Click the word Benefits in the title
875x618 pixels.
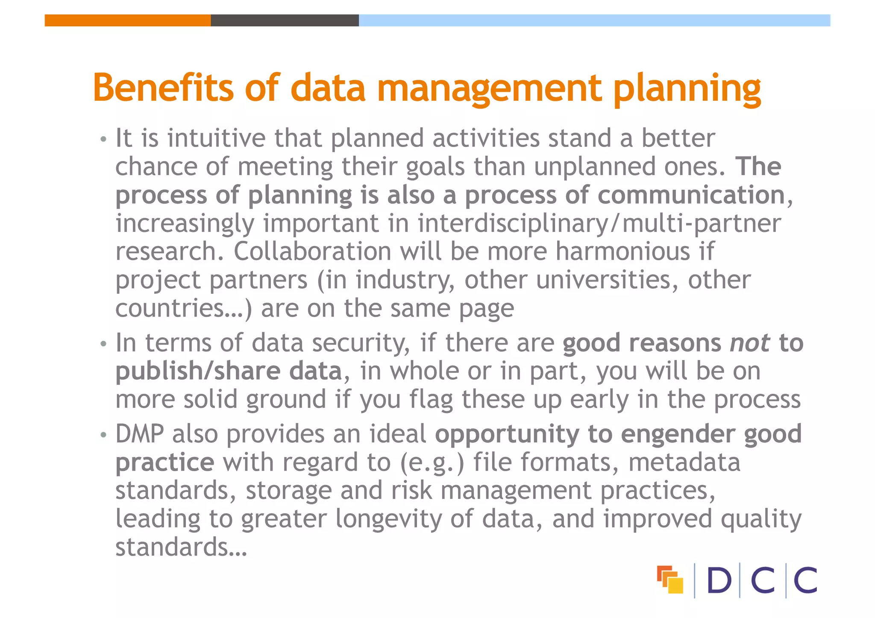tap(163, 88)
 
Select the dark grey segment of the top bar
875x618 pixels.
tap(285, 21)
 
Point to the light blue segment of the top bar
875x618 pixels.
tap(594, 21)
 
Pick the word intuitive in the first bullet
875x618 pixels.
tap(216, 138)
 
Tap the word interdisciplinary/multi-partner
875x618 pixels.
tap(599, 224)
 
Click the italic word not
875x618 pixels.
tap(750, 343)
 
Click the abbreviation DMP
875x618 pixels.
tap(139, 434)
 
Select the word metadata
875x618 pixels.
tap(684, 463)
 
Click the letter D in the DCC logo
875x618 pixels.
tap(719, 580)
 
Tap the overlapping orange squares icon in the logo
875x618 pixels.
tap(669, 580)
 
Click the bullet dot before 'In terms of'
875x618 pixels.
tap(103, 344)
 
